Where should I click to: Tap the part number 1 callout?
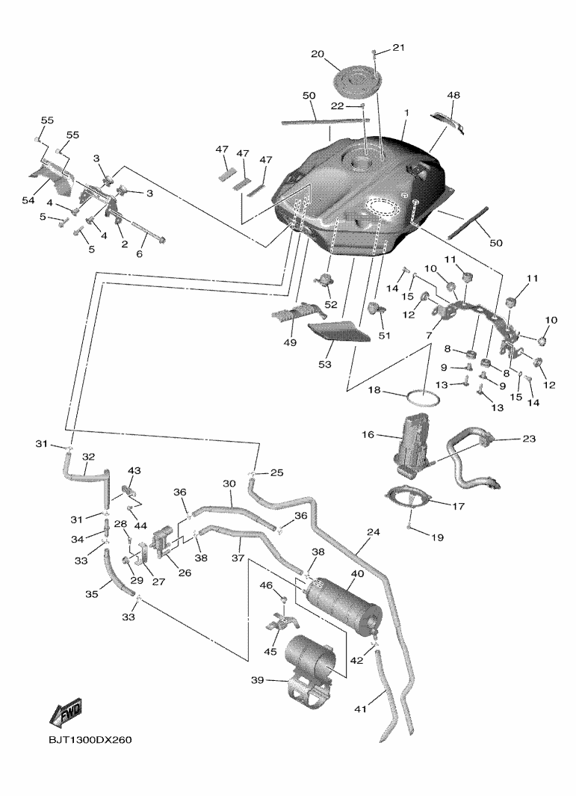pyautogui.click(x=406, y=113)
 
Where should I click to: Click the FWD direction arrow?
pyautogui.click(x=66, y=713)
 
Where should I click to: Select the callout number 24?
pyautogui.click(x=373, y=533)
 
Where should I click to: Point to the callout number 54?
pyautogui.click(x=29, y=201)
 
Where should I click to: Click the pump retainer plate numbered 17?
pyautogui.click(x=413, y=499)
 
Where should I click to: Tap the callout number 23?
pyautogui.click(x=529, y=439)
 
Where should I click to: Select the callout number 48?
pyautogui.click(x=453, y=96)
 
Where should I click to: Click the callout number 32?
pyautogui.click(x=88, y=456)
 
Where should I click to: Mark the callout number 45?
pyautogui.click(x=270, y=652)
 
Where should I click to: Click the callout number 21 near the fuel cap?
pyautogui.click(x=398, y=48)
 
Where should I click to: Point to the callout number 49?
pyautogui.click(x=289, y=342)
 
